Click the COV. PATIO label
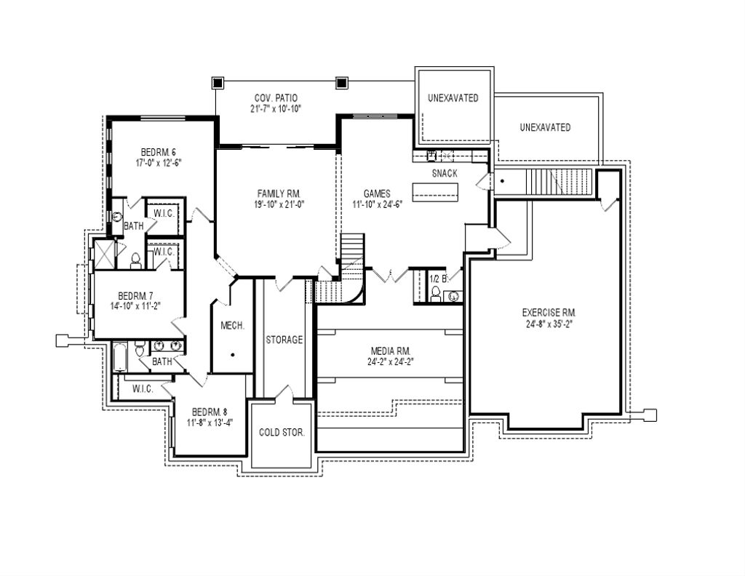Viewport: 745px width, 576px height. [x=276, y=97]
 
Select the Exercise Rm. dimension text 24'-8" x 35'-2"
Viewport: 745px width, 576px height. [x=549, y=324]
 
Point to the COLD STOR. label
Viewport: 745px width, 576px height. [x=282, y=432]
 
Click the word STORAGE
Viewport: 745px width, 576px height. [x=284, y=340]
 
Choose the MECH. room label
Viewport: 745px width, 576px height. [x=232, y=325]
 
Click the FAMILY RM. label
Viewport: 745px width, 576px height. [x=279, y=193]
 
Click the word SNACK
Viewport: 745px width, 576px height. [x=445, y=173]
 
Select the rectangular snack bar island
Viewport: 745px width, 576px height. [x=436, y=192]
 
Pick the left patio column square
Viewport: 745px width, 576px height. [x=217, y=82]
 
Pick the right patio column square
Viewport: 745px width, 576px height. [x=341, y=82]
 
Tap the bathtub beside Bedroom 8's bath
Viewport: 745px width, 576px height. [x=120, y=359]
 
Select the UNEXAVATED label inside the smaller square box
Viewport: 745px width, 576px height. [x=453, y=98]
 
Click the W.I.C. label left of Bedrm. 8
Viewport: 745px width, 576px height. [x=143, y=389]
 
